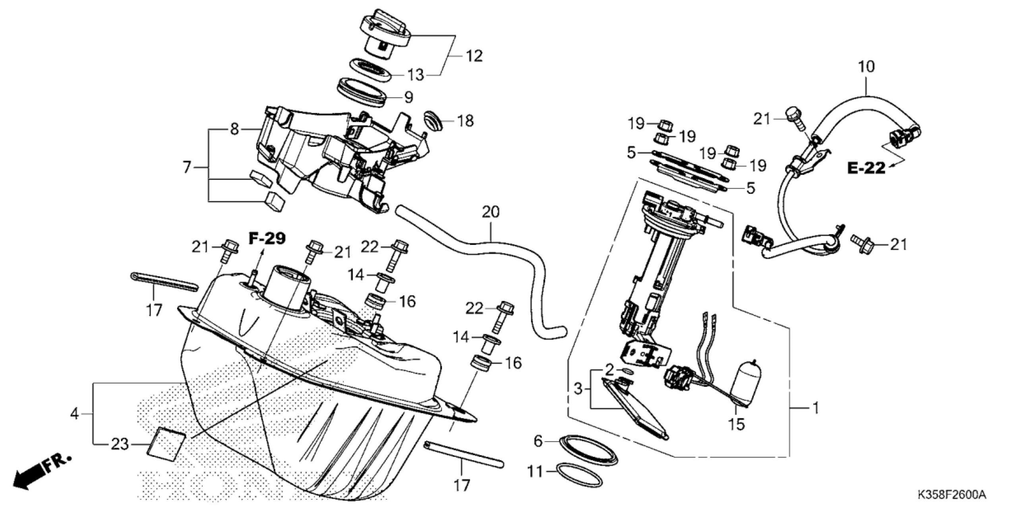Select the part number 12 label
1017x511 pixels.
pos(473,56)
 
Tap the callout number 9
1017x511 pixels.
pos(408,97)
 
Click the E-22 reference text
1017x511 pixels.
pos(866,168)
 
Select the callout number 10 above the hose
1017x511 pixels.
pos(866,67)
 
